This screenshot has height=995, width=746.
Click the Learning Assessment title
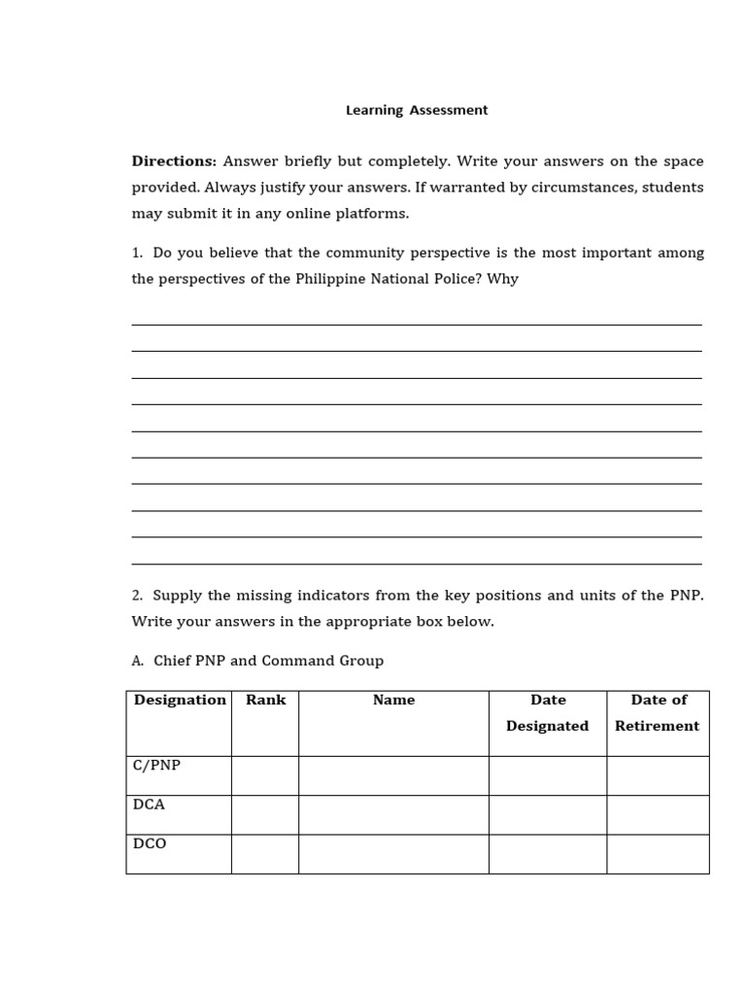point(417,111)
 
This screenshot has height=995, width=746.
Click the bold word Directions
point(173,161)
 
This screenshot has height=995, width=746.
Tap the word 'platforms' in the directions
point(375,214)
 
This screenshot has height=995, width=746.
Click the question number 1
point(137,253)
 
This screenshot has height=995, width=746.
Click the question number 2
point(137,595)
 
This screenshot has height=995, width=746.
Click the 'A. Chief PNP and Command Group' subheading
point(257,661)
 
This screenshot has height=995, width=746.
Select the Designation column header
point(180,700)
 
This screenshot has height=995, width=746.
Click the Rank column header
point(265,700)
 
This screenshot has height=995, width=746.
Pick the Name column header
point(393,700)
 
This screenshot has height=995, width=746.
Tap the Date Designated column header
point(548,712)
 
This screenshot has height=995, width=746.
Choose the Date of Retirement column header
point(658,712)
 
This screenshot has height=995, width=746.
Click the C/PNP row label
point(156,766)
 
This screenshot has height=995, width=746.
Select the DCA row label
point(149,805)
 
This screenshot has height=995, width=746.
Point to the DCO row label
point(150,843)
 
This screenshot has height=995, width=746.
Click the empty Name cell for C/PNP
point(393,775)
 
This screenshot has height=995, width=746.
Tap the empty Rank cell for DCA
point(265,814)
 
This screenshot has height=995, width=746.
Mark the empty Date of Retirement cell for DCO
point(658,853)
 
